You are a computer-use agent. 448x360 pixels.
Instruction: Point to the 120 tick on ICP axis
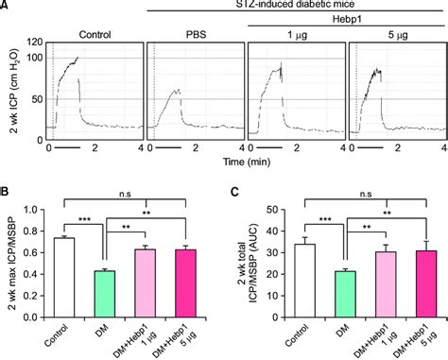(x=36, y=43)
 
